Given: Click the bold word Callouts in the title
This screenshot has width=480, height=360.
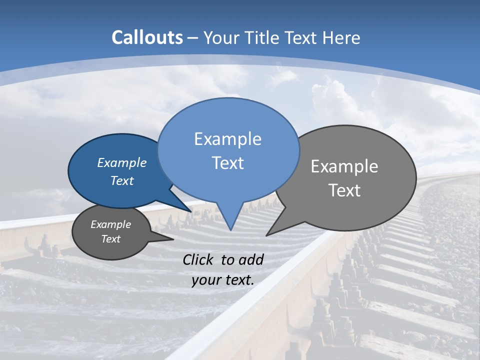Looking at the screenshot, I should [x=147, y=37].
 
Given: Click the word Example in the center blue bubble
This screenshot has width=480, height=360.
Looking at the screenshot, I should [x=227, y=139].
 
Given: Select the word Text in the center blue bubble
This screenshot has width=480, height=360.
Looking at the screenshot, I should [x=227, y=163].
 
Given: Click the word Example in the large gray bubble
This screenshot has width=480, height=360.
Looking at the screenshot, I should [x=344, y=166].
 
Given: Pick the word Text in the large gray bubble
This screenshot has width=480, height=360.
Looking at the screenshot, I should [x=344, y=190].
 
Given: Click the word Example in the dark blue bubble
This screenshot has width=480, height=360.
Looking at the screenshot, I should [x=122, y=162].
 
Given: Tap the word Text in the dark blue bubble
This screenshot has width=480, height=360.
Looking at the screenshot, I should [x=122, y=180].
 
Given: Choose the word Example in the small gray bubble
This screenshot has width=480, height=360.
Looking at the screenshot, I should [x=110, y=224].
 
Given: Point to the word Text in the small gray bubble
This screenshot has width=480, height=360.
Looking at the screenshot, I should [x=110, y=239].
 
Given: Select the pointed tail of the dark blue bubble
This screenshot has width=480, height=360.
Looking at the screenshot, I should [x=189, y=209].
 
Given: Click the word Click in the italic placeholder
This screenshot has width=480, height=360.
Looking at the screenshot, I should [x=198, y=259].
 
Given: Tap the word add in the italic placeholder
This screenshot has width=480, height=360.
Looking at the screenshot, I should [x=251, y=259].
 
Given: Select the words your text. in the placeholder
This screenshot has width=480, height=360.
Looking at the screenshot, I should [x=223, y=279].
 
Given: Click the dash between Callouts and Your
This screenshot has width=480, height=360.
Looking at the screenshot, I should [x=193, y=38].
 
